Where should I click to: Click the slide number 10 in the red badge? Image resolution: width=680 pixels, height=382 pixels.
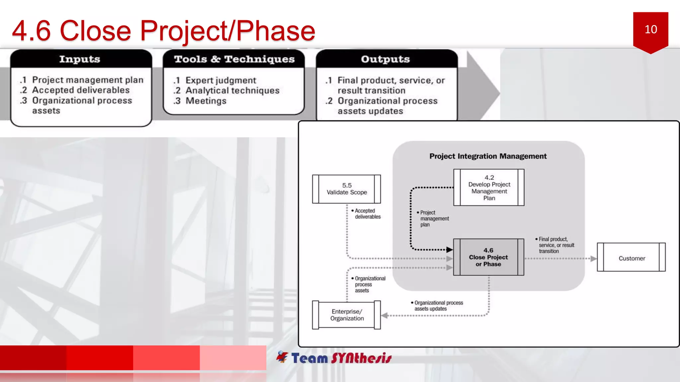pyautogui.click(x=650, y=30)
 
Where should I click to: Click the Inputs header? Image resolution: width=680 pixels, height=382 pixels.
pyautogui.click(x=80, y=59)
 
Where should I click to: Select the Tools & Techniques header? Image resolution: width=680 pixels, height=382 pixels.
pyautogui.click(x=234, y=59)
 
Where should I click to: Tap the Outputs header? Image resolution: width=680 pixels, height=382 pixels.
pyautogui.click(x=385, y=59)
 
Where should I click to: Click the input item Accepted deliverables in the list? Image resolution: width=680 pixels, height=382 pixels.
pyautogui.click(x=81, y=90)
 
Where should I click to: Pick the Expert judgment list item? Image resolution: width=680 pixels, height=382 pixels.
pyautogui.click(x=220, y=80)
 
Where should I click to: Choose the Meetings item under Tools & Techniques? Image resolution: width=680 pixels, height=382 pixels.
pyautogui.click(x=206, y=101)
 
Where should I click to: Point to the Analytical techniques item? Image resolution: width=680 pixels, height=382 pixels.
pyautogui.click(x=232, y=91)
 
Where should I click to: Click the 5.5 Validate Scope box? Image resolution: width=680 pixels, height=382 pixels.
pyautogui.click(x=347, y=189)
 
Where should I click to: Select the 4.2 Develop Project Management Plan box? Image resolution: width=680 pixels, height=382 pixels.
pyautogui.click(x=489, y=188)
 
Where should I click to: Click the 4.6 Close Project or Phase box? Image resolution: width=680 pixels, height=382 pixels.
pyautogui.click(x=488, y=257)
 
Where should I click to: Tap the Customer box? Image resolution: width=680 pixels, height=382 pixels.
pyautogui.click(x=632, y=258)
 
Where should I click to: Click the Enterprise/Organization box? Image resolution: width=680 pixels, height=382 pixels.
pyautogui.click(x=347, y=315)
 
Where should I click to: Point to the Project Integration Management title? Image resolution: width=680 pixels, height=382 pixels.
pyautogui.click(x=488, y=156)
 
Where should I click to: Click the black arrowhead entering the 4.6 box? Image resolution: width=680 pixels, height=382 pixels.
pyautogui.click(x=449, y=250)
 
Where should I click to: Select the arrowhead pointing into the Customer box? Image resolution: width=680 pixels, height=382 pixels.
pyautogui.click(x=593, y=258)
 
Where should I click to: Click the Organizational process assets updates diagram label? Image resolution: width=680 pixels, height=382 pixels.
pyautogui.click(x=438, y=306)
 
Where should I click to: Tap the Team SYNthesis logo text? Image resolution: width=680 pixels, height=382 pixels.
pyautogui.click(x=341, y=358)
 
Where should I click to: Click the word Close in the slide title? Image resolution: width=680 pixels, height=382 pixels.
pyautogui.click(x=95, y=31)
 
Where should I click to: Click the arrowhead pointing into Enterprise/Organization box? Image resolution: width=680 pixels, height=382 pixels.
pyautogui.click(x=384, y=315)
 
